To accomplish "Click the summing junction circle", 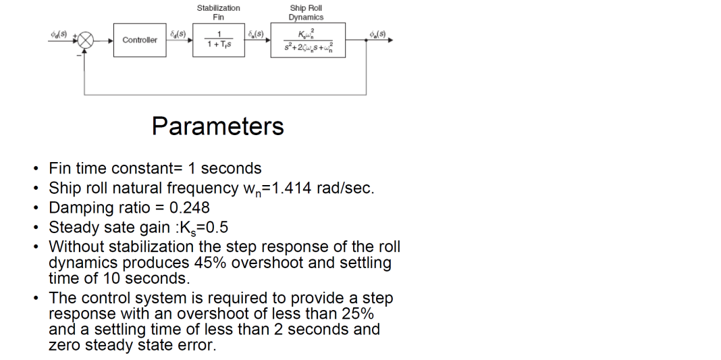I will tap(86, 40).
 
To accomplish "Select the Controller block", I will tap(140, 40).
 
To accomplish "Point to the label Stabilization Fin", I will tap(218, 12).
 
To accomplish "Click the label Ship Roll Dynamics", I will tap(306, 12).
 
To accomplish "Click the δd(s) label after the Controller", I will tap(178, 32).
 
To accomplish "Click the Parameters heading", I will tap(217, 126).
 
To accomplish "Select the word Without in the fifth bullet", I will tap(76, 247).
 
